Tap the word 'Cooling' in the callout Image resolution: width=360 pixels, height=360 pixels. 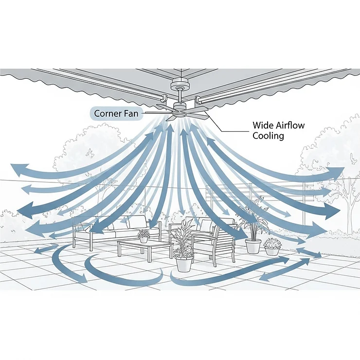pyautogui.click(x=268, y=136)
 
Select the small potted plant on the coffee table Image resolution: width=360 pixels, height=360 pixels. pyautogui.click(x=144, y=236)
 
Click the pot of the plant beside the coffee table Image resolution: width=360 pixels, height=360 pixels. pyautogui.click(x=183, y=264)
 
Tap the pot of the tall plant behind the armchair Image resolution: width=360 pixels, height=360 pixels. pyautogui.click(x=253, y=245)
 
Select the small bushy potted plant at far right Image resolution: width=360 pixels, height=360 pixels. pyautogui.click(x=272, y=246)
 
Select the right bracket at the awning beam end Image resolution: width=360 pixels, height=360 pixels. pyautogui.click(x=198, y=101)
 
